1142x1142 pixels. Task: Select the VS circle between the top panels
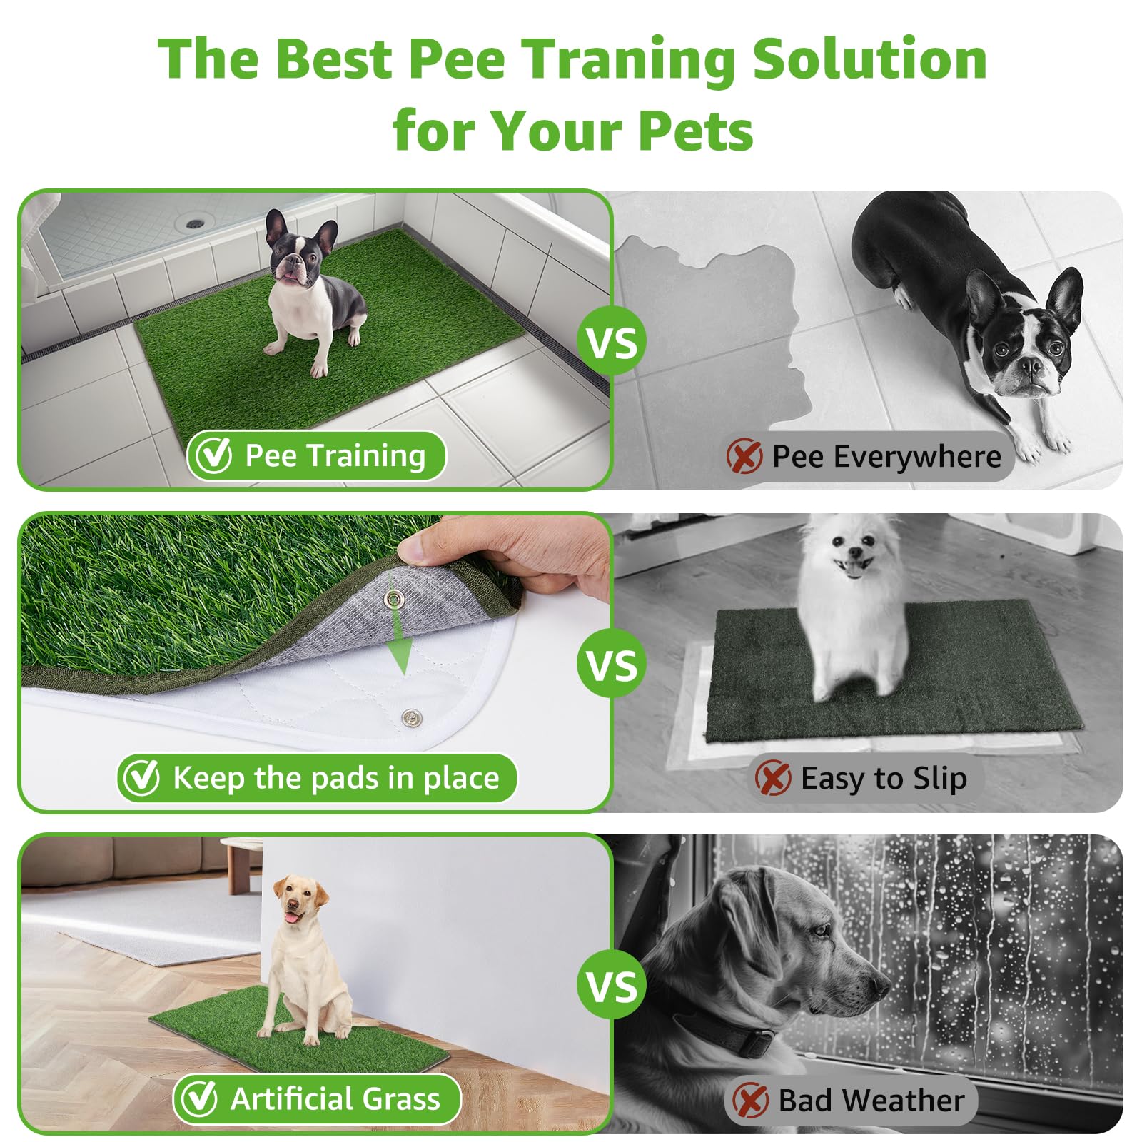pyautogui.click(x=612, y=342)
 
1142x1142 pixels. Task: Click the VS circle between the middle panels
pyautogui.click(x=612, y=664)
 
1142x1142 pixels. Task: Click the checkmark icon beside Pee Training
pyautogui.click(x=214, y=455)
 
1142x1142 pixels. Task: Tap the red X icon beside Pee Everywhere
pyautogui.click(x=744, y=456)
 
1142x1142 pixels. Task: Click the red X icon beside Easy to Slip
pyautogui.click(x=773, y=777)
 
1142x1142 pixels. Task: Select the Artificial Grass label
pyautogui.click(x=335, y=1099)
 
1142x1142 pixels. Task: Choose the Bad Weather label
pyautogui.click(x=871, y=1100)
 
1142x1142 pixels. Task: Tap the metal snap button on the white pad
pyautogui.click(x=410, y=717)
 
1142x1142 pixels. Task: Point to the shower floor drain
pyautogui.click(x=195, y=223)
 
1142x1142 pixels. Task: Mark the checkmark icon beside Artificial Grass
pyautogui.click(x=198, y=1099)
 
